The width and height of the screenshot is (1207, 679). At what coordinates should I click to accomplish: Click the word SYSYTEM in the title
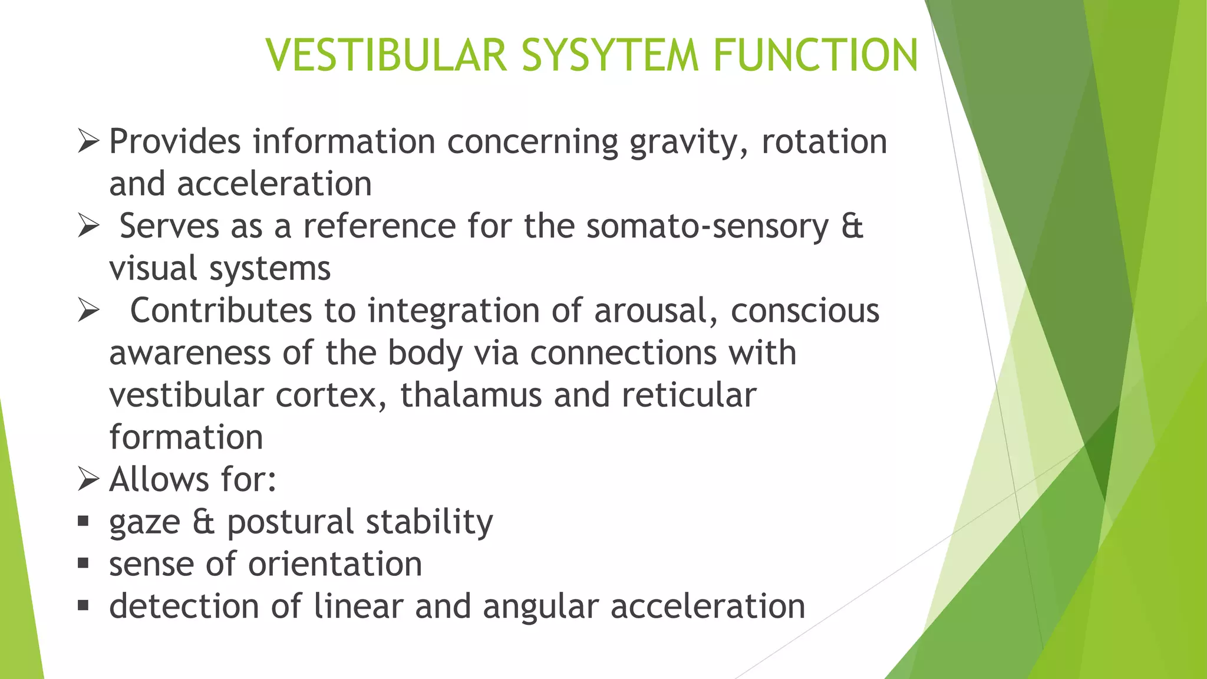coord(609,55)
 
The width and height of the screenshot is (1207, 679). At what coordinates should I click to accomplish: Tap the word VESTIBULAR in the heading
coord(387,55)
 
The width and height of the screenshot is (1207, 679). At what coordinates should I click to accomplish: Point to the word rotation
coord(824,142)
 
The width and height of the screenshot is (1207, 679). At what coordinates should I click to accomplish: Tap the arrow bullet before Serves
coord(88,226)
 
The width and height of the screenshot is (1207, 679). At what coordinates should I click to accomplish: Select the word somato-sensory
coord(707,226)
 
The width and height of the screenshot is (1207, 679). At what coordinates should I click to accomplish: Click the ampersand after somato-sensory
coord(852,226)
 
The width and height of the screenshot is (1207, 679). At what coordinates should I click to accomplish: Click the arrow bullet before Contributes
coord(88,311)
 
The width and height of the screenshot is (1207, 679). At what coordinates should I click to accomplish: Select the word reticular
coord(689,395)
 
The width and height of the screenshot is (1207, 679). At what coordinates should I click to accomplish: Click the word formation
coord(186,437)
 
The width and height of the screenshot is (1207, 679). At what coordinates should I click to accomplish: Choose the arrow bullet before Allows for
coord(88,479)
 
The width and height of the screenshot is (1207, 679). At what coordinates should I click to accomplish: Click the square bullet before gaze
coord(83,521)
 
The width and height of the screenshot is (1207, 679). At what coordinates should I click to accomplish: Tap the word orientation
coord(335,564)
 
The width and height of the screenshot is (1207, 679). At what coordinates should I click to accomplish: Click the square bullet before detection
coord(83,605)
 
